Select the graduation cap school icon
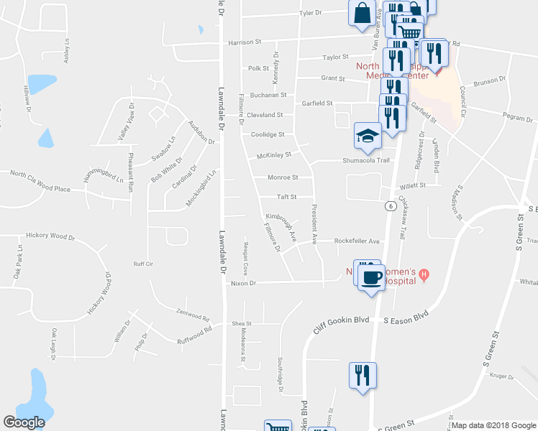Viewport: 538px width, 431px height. [x=367, y=135]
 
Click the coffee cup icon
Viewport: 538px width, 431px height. [x=371, y=278]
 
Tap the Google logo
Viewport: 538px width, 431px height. [x=24, y=422]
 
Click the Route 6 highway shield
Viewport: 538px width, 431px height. [x=389, y=206]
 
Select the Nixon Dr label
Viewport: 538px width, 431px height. [x=245, y=284]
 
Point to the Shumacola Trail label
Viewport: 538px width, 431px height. [x=365, y=160]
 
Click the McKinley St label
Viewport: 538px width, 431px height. [x=274, y=155]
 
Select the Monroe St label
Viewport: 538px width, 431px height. [x=283, y=177]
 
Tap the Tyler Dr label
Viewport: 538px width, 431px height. [x=310, y=13]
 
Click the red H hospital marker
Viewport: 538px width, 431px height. [x=424, y=274]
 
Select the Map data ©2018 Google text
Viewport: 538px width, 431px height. [x=493, y=425]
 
